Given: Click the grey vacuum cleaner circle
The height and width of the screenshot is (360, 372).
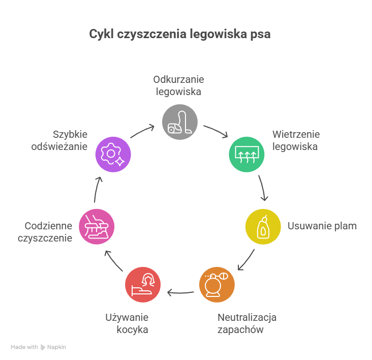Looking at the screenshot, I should click(x=179, y=122).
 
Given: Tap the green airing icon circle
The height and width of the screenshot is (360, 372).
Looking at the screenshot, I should click(x=246, y=154).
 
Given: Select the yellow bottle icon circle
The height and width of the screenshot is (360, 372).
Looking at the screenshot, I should click(x=263, y=226).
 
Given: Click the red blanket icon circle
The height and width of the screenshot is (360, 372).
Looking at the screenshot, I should click(x=143, y=285).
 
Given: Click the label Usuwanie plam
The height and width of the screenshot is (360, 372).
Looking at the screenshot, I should click(x=322, y=226).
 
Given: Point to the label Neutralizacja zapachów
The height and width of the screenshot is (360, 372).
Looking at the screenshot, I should click(x=247, y=324).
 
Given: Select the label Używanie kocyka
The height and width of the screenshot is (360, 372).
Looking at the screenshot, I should click(x=127, y=324).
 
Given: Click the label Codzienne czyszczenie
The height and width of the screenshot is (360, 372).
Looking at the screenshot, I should click(x=45, y=232).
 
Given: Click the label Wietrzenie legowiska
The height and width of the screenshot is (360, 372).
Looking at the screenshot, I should click(x=295, y=140).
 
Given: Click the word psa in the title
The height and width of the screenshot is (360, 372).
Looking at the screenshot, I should click(x=260, y=35).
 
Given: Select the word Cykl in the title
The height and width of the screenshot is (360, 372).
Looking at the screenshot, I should click(x=101, y=35).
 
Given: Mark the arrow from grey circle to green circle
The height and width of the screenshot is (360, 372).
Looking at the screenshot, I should click(x=216, y=131).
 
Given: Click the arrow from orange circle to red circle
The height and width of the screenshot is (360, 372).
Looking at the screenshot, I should click(x=180, y=292).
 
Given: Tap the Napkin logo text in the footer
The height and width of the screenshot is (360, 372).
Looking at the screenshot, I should click(x=57, y=347).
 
